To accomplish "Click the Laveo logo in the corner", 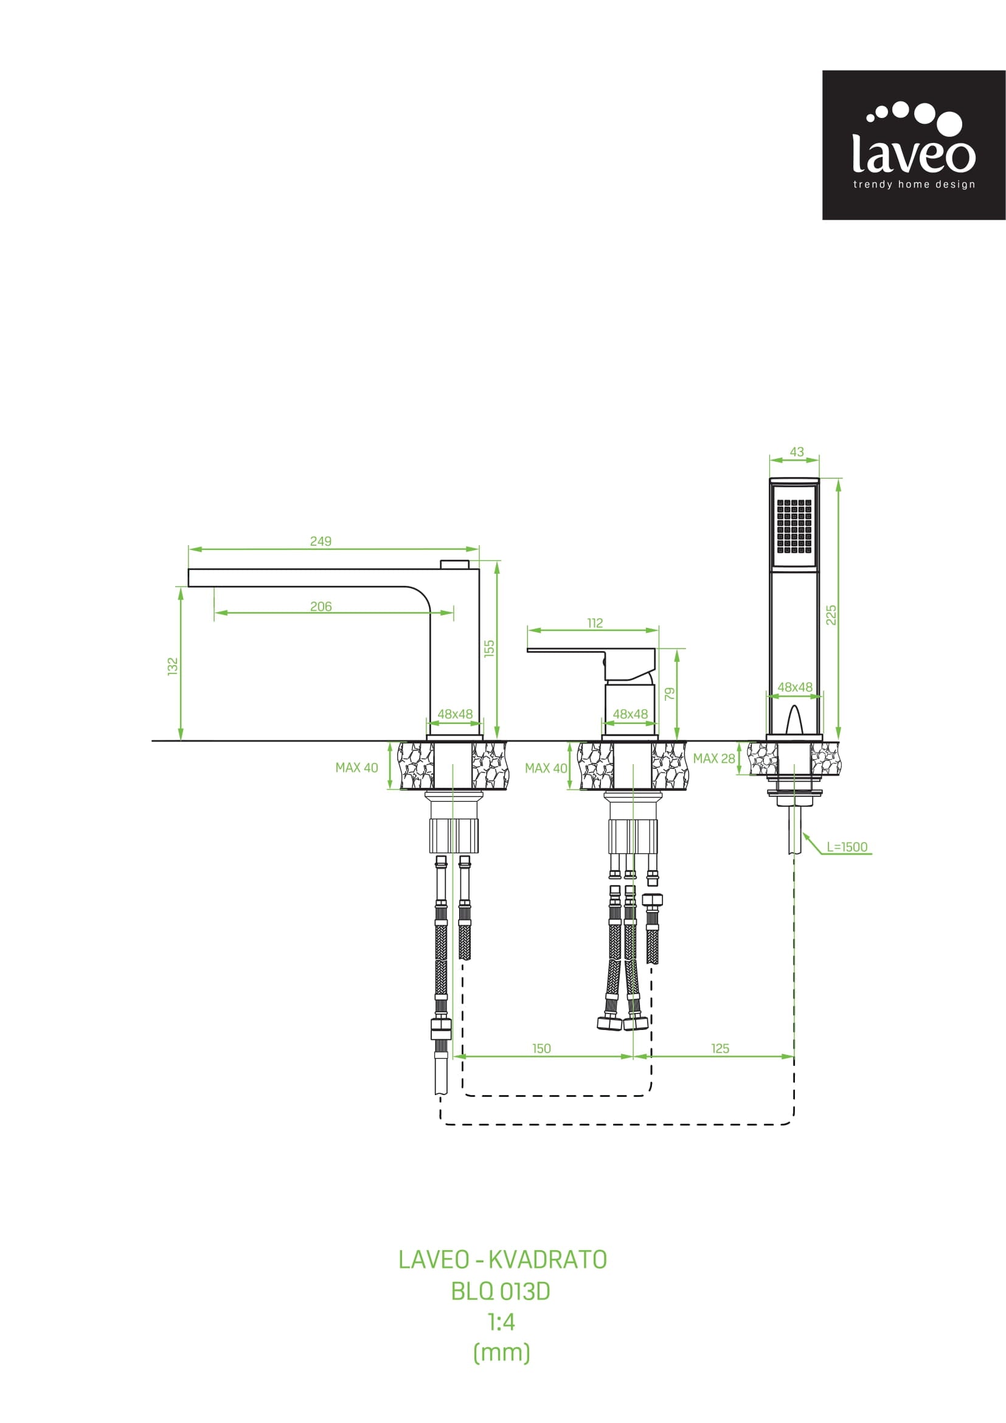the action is (914, 145).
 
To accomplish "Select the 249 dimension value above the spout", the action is (321, 541).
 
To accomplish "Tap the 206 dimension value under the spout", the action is (321, 606).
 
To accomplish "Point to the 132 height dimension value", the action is (173, 666).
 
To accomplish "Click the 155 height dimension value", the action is (490, 649).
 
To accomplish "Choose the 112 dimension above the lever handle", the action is (595, 623).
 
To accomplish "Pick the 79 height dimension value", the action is (670, 694).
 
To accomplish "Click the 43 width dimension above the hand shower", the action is (797, 452).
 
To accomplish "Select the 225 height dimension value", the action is (831, 615).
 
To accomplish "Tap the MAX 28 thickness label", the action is (714, 758).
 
